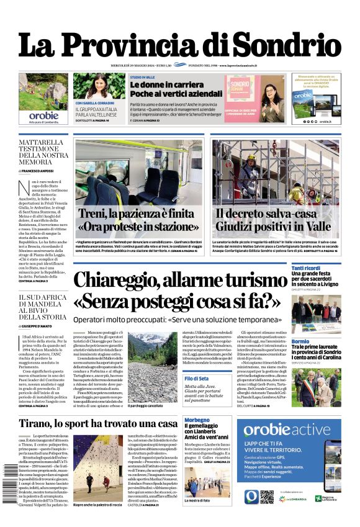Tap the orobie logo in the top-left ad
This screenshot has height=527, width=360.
[x=43, y=115]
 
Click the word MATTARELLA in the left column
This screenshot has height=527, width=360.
[x=41, y=142]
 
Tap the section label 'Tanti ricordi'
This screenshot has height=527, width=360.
[x=306, y=268]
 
